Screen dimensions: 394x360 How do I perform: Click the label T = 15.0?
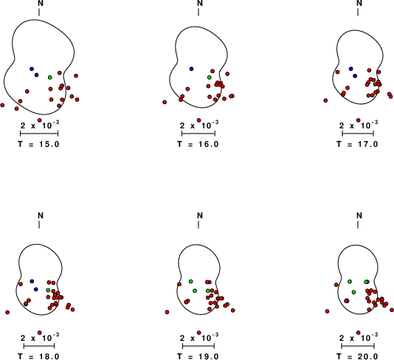tap(38, 144)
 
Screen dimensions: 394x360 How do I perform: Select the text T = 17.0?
tap(357, 144)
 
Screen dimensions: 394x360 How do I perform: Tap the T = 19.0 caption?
tap(198, 356)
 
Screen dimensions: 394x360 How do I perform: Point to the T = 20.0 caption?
tap(357, 356)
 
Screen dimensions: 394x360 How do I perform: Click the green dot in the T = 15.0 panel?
tap(50, 77)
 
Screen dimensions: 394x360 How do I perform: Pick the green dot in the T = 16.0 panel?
tap(210, 77)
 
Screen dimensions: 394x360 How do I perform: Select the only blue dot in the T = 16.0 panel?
tap(192, 69)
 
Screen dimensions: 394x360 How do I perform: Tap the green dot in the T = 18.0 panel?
tap(48, 290)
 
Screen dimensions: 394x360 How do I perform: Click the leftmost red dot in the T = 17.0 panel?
tap(325, 100)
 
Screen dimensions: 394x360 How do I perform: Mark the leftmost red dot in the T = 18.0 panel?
tap(7, 312)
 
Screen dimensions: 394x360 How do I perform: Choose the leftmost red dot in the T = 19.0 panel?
tap(167, 312)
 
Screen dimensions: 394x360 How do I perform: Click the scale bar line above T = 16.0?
tap(198, 133)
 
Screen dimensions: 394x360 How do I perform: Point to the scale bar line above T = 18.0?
tap(39, 346)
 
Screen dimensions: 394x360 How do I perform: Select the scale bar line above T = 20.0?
tap(358, 346)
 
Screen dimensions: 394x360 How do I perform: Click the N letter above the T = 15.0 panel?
tap(40, 3)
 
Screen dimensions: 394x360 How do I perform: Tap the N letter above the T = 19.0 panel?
tap(200, 215)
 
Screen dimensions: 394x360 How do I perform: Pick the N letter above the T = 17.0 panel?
tap(359, 3)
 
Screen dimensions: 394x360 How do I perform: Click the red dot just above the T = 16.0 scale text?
tap(198, 120)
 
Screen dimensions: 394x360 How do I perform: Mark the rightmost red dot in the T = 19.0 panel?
tap(233, 311)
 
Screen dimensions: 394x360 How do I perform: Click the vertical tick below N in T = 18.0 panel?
tap(39, 224)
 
